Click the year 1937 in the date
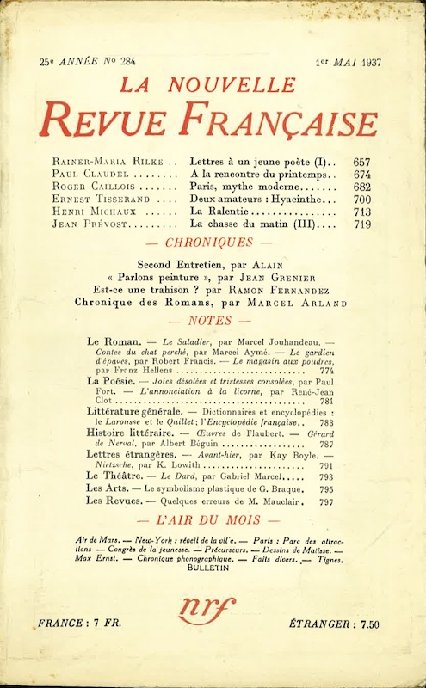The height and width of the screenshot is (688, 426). point(361,61)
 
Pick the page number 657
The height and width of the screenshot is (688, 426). point(361,162)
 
